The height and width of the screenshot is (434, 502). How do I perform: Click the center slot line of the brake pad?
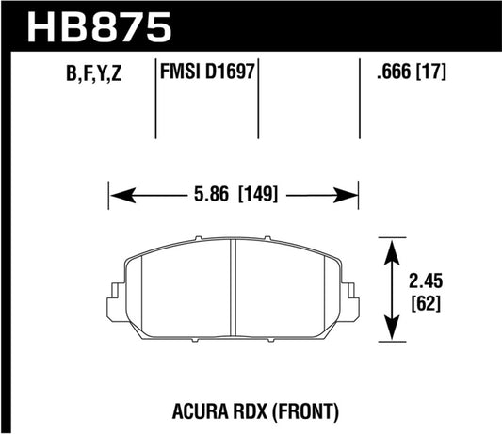pos(234,288)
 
